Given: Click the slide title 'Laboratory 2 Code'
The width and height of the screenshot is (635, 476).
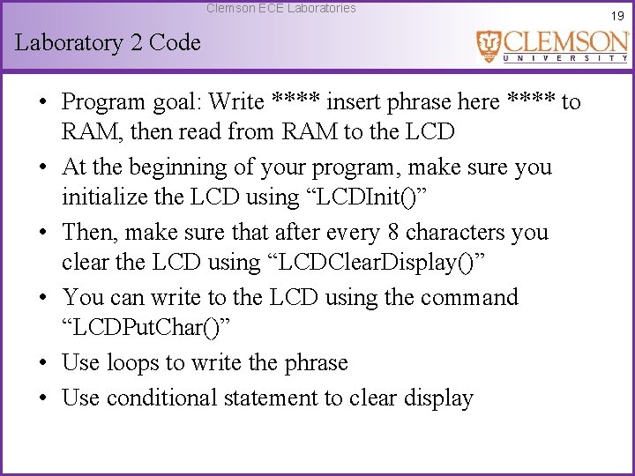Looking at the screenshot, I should point(108,42).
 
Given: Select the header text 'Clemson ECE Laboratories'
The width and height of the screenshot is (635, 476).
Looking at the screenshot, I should point(280,8).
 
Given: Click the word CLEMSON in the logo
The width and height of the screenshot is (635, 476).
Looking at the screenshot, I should point(564,41).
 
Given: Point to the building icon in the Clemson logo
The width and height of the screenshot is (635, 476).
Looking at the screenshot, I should point(489,46).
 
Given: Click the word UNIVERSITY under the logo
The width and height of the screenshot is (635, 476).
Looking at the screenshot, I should point(564,58).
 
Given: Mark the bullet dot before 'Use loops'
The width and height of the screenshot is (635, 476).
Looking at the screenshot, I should point(42,363).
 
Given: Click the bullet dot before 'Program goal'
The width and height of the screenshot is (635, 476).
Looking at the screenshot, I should point(42,102).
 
